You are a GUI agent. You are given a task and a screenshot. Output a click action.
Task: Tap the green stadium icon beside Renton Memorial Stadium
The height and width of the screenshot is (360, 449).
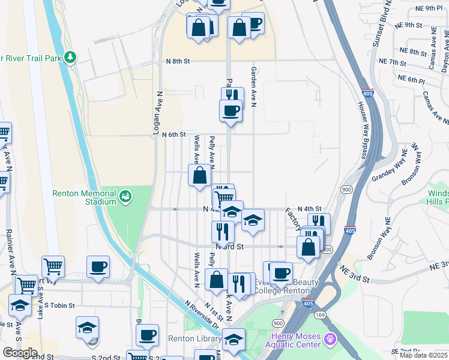click(125, 196)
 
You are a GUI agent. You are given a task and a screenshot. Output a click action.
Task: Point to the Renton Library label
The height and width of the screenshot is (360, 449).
click(195, 340)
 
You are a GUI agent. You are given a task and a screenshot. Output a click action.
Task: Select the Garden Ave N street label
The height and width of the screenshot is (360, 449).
click(253, 87)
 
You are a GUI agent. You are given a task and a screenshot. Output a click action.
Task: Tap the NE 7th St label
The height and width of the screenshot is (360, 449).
click(393, 62)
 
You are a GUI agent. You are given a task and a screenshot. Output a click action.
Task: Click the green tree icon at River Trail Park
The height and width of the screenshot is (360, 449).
click(71, 58)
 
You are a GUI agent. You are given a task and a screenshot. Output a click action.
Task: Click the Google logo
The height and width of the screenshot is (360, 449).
click(20, 353)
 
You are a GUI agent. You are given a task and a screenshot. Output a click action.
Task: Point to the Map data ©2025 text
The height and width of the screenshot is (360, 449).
click(424, 356)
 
